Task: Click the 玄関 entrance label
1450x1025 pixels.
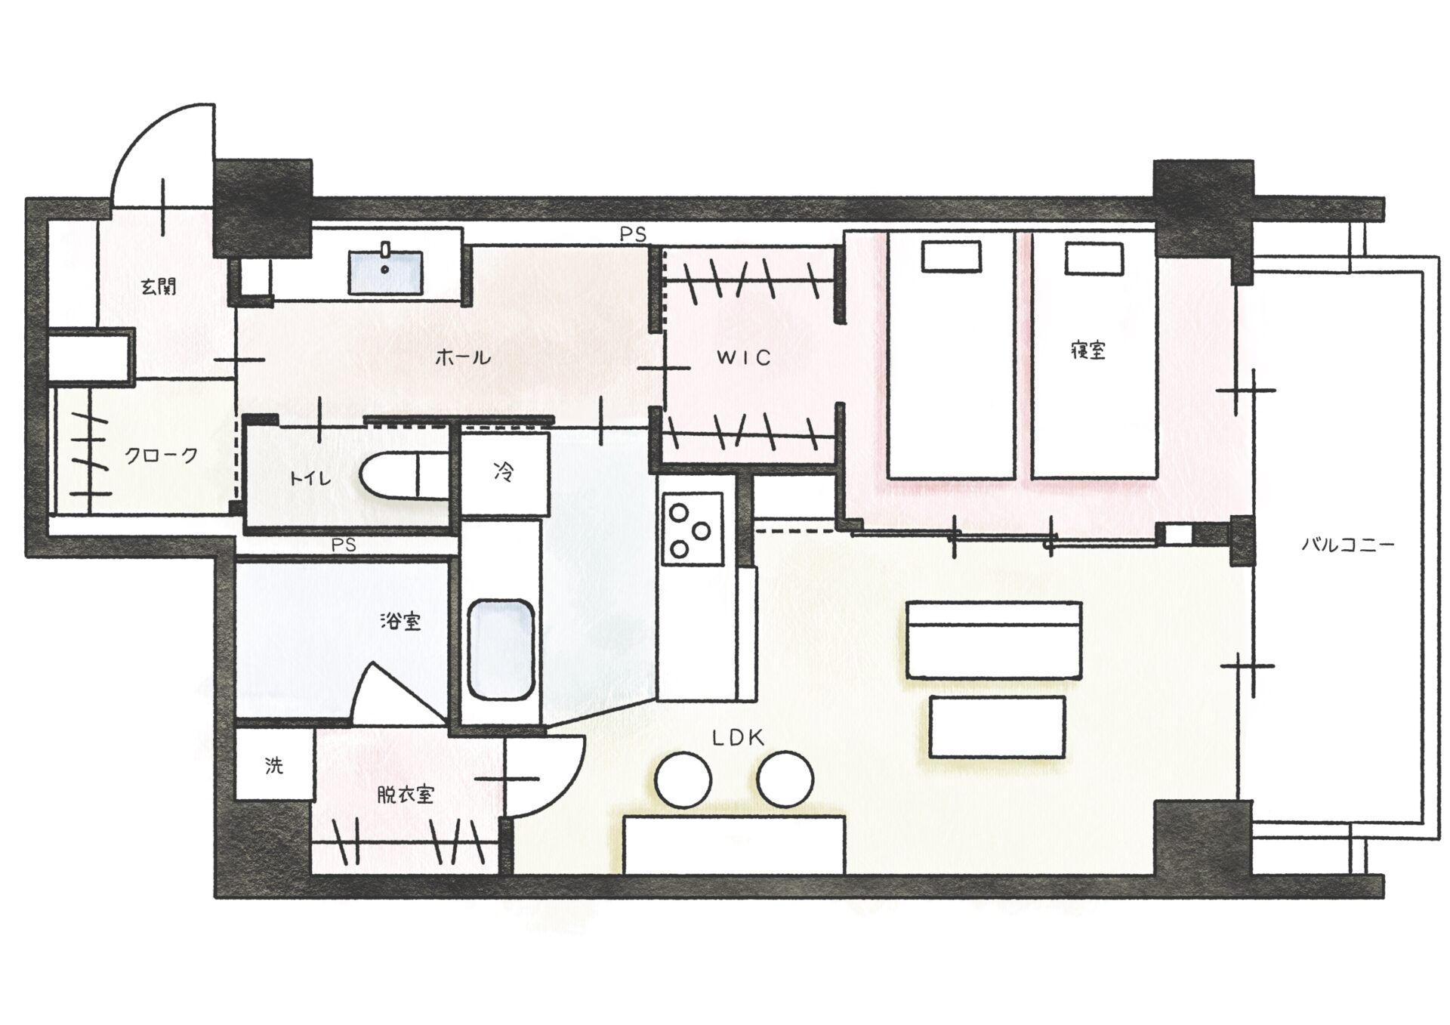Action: pyautogui.click(x=159, y=287)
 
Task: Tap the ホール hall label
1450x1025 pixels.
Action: pyautogui.click(x=462, y=357)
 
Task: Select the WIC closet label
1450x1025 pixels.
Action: pyautogui.click(x=744, y=357)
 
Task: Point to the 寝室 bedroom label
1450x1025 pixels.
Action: pyautogui.click(x=1088, y=350)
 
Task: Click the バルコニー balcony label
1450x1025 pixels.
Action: pyautogui.click(x=1347, y=545)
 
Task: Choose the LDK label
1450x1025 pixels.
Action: pyautogui.click(x=739, y=738)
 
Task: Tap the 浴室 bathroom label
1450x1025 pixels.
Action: pyautogui.click(x=400, y=622)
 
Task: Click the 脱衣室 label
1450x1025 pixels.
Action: pyautogui.click(x=406, y=795)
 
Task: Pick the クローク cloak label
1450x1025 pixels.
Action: pyautogui.click(x=161, y=455)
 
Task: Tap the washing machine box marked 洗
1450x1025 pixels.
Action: pyautogui.click(x=274, y=766)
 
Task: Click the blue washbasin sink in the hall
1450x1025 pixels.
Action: pyautogui.click(x=385, y=273)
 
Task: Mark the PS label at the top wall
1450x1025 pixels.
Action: pyautogui.click(x=633, y=235)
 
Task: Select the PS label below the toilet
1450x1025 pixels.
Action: pyautogui.click(x=344, y=545)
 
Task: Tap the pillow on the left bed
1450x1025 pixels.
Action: pyautogui.click(x=951, y=256)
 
